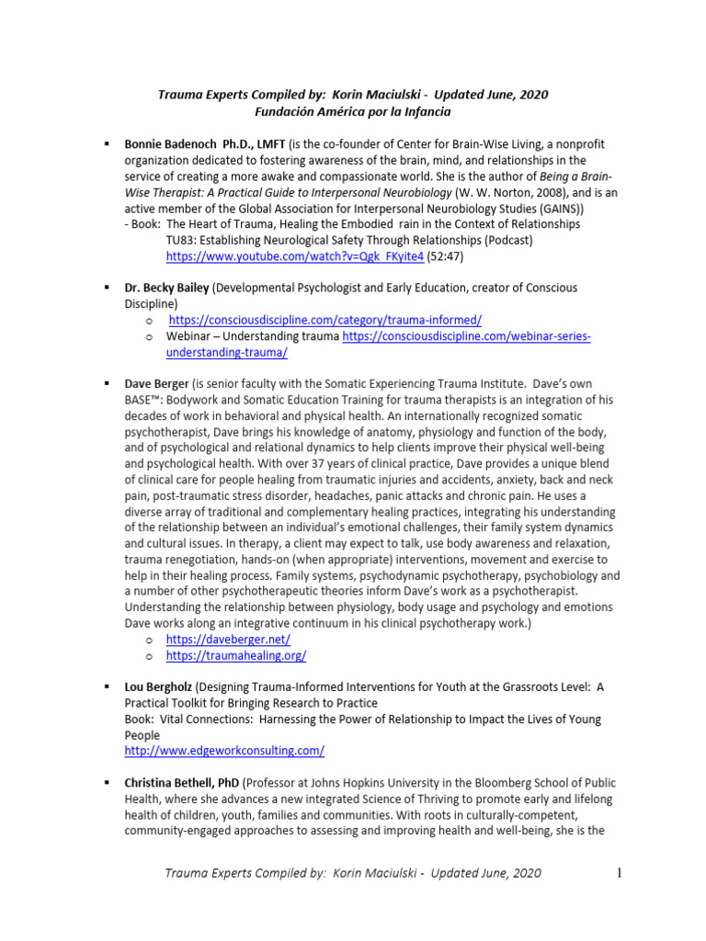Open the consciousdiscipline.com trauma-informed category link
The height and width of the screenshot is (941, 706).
click(325, 320)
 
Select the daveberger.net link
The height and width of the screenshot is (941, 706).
click(228, 640)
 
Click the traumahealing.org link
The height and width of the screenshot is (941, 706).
click(235, 656)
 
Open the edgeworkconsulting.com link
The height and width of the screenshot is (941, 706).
click(224, 751)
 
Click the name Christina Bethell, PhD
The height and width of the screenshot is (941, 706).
click(182, 783)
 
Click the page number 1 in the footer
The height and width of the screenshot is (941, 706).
click(621, 872)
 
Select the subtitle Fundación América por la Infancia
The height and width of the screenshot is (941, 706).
click(353, 112)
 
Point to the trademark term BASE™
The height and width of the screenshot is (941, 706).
click(143, 401)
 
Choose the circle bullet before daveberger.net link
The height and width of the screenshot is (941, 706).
click(149, 641)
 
